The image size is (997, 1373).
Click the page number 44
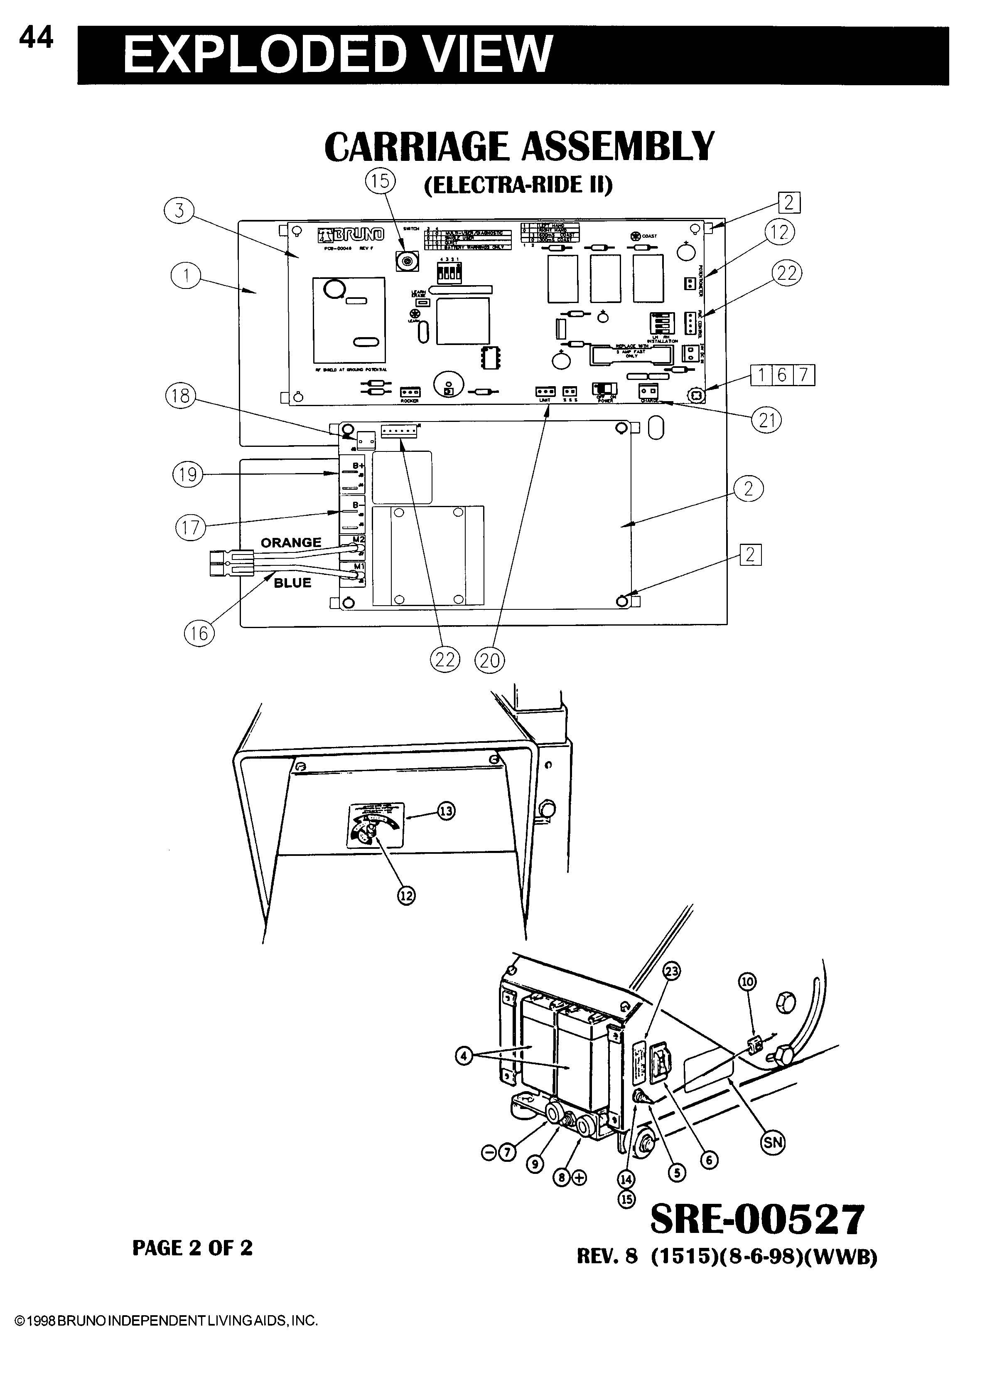[x=36, y=39]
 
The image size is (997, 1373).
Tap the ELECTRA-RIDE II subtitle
[x=518, y=185]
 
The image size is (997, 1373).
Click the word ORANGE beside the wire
[x=291, y=542]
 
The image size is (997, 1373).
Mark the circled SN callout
[x=773, y=1142]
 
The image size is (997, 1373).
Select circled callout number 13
[x=446, y=811]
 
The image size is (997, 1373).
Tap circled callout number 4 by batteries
[x=464, y=1057]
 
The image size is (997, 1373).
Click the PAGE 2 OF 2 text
[x=192, y=1248]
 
